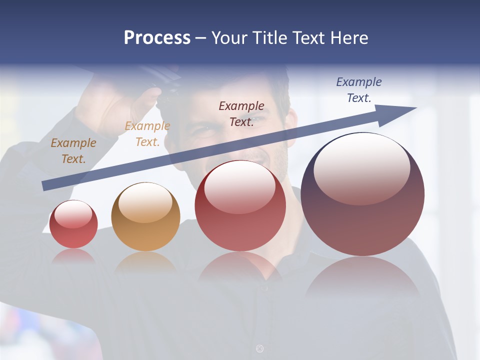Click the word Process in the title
tap(157, 38)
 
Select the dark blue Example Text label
tap(359, 90)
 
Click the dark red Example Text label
tap(241, 113)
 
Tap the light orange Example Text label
tap(147, 134)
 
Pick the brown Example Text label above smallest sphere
tap(73, 151)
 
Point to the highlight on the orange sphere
tap(145, 202)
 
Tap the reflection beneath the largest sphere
tap(362, 277)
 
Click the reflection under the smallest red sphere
tap(73, 256)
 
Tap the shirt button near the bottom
tap(259, 348)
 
